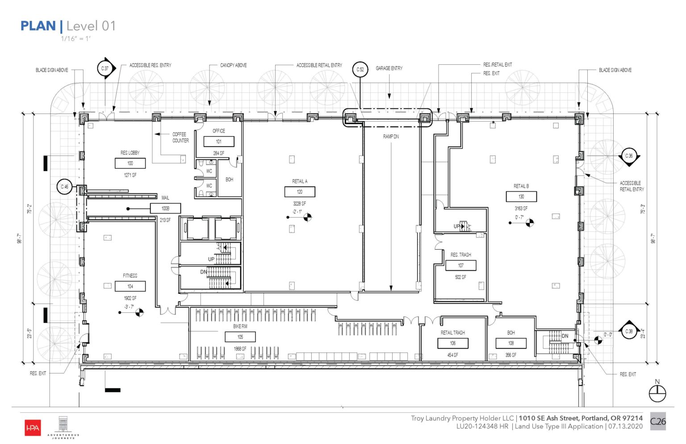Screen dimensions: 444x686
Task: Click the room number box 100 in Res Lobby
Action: click(130, 163)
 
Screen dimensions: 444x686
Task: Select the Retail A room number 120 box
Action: click(300, 192)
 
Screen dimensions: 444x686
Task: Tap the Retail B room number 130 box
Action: click(521, 197)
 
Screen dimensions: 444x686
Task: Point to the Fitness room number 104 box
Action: click(130, 286)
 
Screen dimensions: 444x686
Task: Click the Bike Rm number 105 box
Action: click(240, 337)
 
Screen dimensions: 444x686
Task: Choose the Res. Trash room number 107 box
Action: click(460, 265)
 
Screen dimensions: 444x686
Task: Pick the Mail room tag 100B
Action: click(165, 208)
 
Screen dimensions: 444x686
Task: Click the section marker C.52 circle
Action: click(360, 70)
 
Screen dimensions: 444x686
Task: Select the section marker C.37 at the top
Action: click(105, 68)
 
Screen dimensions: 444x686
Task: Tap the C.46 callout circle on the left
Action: click(65, 187)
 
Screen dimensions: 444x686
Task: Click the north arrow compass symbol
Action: click(657, 394)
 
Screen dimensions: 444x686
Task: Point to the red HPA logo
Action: click(33, 428)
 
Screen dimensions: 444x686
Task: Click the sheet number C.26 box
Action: click(657, 421)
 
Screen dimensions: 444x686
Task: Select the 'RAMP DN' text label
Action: click(391, 137)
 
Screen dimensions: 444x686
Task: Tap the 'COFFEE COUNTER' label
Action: click(180, 138)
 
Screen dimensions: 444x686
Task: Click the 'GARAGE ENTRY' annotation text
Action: click(389, 68)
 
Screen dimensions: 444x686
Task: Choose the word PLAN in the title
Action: click(38, 26)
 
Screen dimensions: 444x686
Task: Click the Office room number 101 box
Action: click(219, 142)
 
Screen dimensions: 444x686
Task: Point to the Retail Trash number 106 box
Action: click(453, 343)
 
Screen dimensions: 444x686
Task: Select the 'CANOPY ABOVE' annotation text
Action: click(233, 65)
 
